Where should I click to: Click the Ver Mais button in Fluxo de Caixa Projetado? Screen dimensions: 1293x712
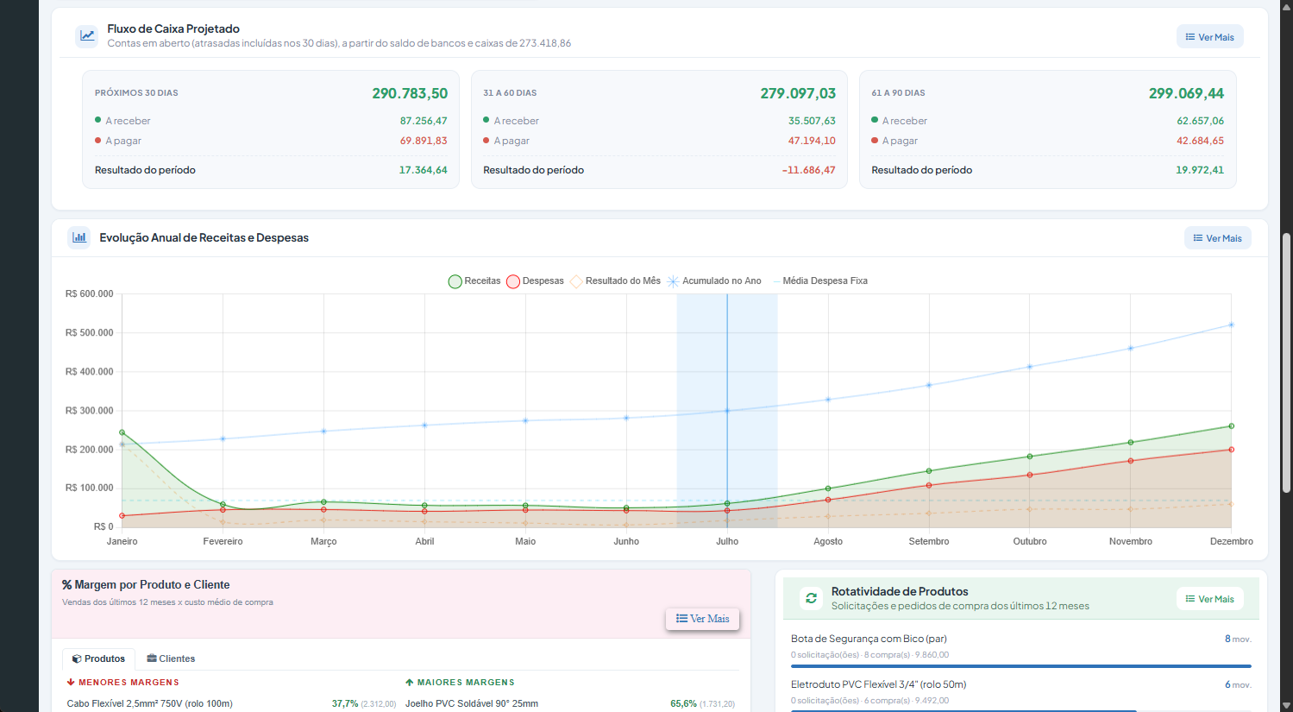(x=1210, y=37)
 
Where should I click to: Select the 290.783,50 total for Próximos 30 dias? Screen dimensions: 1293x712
(x=410, y=93)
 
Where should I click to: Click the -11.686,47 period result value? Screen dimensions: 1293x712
(x=808, y=170)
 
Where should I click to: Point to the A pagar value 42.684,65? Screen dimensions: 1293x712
(x=1200, y=141)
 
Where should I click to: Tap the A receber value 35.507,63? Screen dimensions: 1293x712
(x=812, y=121)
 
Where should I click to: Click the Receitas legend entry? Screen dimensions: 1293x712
(x=474, y=281)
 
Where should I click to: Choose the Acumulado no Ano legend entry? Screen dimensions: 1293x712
(x=714, y=281)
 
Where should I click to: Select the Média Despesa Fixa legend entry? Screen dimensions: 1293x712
(x=820, y=281)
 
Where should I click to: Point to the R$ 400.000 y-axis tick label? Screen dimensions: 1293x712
(x=90, y=371)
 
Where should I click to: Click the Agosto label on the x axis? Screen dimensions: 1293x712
(x=828, y=541)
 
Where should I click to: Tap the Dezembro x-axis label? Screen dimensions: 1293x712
(x=1231, y=541)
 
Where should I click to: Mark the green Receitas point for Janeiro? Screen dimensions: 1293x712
(x=122, y=432)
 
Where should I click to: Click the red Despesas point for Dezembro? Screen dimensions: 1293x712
(x=1231, y=450)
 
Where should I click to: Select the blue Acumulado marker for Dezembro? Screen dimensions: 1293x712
(x=1231, y=325)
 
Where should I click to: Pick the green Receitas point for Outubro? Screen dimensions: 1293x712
(x=1030, y=457)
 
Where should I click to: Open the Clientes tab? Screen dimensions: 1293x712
(x=171, y=658)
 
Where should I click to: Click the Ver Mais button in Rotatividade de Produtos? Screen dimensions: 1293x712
(x=1210, y=599)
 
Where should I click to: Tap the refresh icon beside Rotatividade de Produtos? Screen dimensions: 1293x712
(x=811, y=598)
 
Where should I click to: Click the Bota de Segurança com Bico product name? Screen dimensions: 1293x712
(x=869, y=639)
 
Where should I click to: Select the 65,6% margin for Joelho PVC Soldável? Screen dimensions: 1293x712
(x=683, y=704)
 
